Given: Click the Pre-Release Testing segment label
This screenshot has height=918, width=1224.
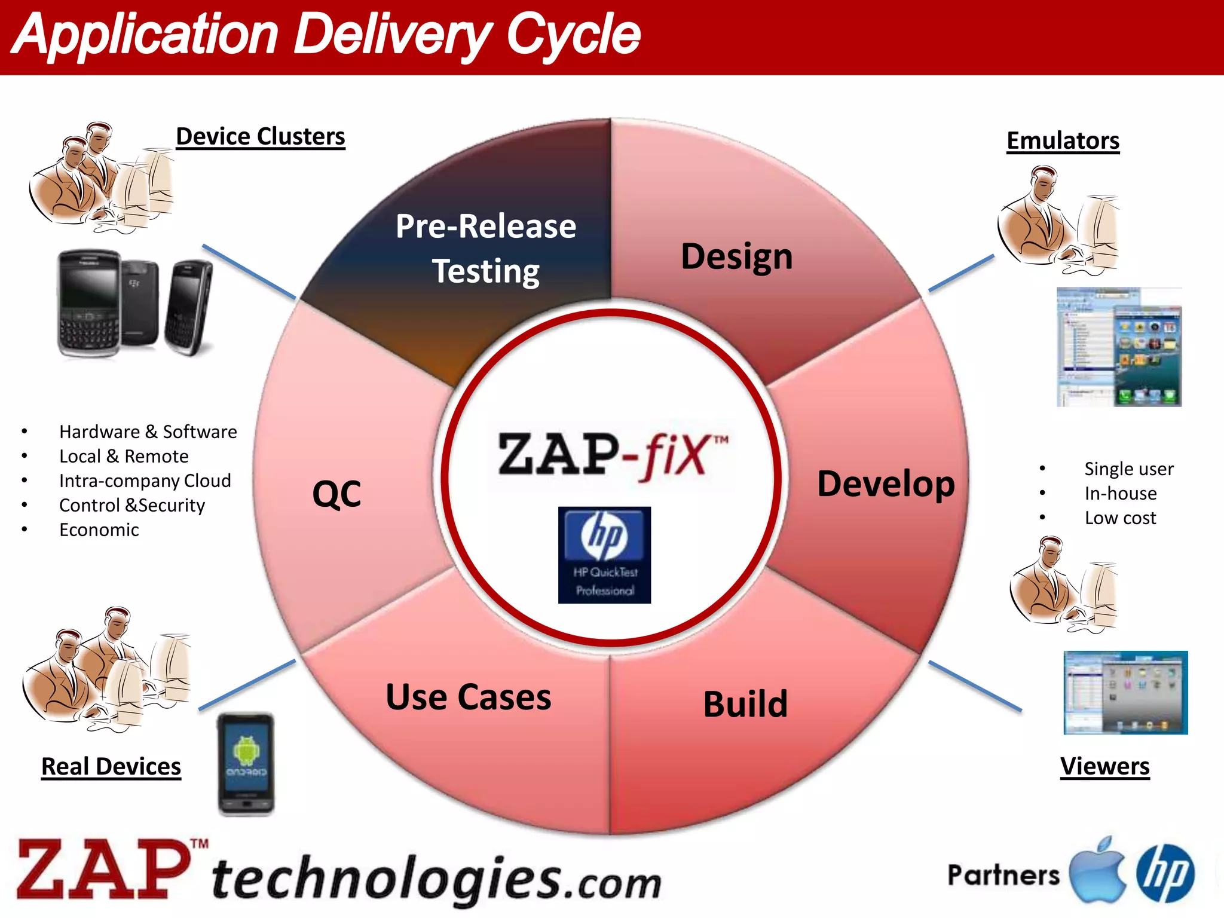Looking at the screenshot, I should pyautogui.click(x=486, y=249).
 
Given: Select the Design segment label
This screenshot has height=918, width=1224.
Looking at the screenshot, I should pyautogui.click(x=736, y=256).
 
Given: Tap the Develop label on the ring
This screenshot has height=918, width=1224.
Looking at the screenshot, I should pyautogui.click(x=886, y=484).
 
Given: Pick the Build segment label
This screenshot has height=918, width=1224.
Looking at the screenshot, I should pyautogui.click(x=745, y=703).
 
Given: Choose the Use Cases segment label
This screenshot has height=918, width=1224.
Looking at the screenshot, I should pyautogui.click(x=469, y=697).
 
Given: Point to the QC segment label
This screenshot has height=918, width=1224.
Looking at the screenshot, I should pyautogui.click(x=336, y=494).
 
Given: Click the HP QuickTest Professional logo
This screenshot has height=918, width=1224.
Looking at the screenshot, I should pyautogui.click(x=604, y=555).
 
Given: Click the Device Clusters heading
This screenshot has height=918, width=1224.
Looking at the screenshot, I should pyautogui.click(x=261, y=137).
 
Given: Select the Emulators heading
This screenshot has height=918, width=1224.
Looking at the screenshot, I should pyautogui.click(x=1063, y=141).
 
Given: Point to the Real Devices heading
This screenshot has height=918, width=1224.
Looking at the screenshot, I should pyautogui.click(x=111, y=766).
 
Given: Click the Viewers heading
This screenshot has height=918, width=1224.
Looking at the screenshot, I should pyautogui.click(x=1104, y=766).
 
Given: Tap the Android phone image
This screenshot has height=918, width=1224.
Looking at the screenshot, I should pyautogui.click(x=246, y=763).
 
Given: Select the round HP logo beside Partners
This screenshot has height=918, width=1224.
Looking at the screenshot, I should pyautogui.click(x=1165, y=873).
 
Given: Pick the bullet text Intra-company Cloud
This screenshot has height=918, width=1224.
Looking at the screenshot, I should pyautogui.click(x=145, y=481).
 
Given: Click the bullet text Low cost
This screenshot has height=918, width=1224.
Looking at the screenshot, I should pyautogui.click(x=1120, y=518).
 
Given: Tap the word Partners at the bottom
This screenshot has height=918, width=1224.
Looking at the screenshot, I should pyautogui.click(x=1003, y=875).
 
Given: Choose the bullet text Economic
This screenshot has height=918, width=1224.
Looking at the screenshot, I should pyautogui.click(x=99, y=530).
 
